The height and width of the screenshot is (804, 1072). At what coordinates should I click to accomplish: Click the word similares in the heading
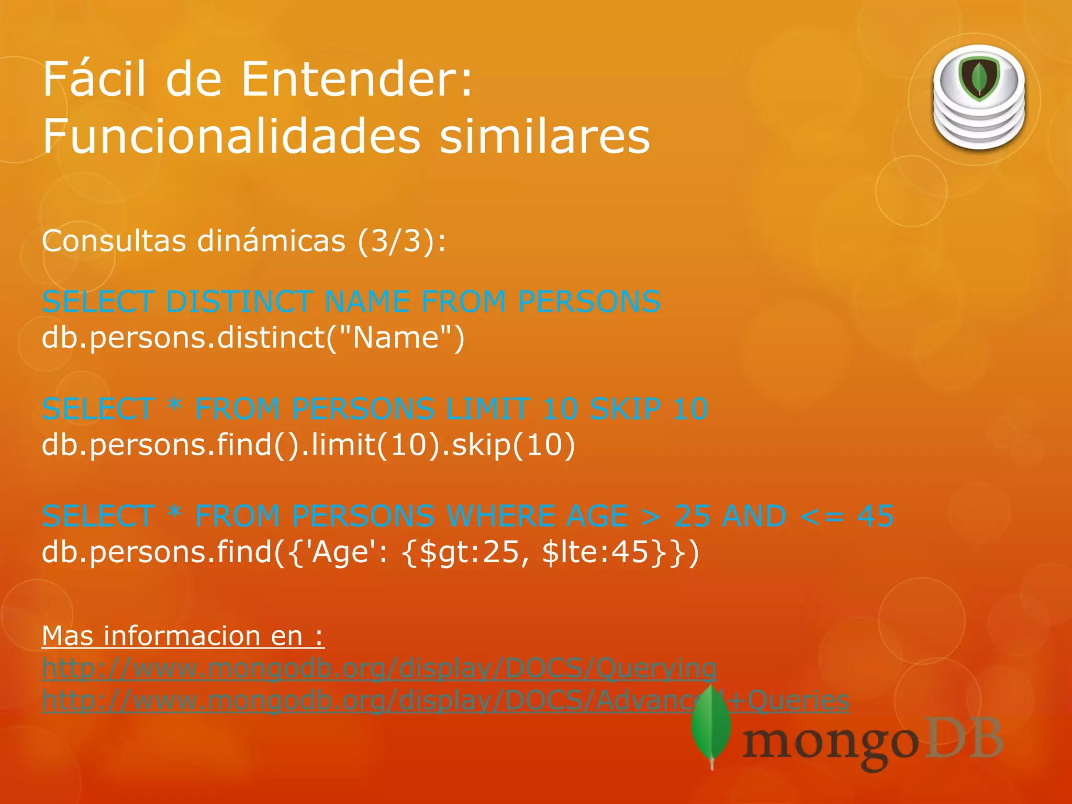[x=544, y=136]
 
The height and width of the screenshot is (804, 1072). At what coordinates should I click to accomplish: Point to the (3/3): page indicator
[x=402, y=241]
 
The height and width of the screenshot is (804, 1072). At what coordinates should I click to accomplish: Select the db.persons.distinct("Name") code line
[x=253, y=338]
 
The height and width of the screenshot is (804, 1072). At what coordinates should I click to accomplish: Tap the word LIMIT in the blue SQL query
[x=488, y=409]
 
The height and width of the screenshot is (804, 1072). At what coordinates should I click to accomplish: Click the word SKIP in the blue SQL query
[x=625, y=409]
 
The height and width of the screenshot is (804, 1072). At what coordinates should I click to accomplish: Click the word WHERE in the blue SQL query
[x=501, y=516]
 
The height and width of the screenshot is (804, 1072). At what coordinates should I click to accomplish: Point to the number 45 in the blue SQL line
[x=875, y=516]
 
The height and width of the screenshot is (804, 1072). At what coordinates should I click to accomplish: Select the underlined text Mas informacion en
[x=183, y=636]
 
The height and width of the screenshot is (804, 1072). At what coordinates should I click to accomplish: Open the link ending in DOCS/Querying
[x=379, y=668]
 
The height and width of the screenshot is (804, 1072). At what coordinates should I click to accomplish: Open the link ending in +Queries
[x=445, y=701]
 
